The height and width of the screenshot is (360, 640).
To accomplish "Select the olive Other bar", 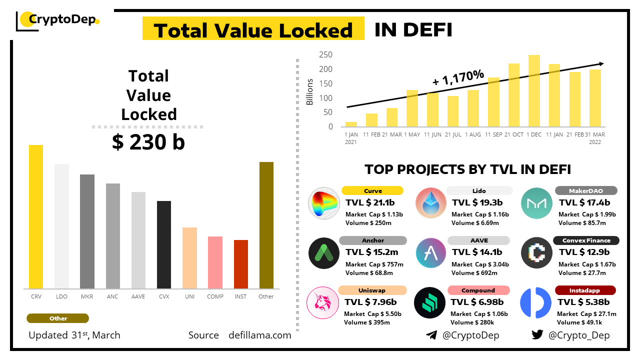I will [x=266, y=225].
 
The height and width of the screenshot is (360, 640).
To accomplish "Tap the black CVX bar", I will [x=164, y=244].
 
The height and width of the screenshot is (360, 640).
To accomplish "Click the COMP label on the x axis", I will [x=215, y=296].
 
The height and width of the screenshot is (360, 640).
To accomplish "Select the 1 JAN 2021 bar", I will [x=351, y=124].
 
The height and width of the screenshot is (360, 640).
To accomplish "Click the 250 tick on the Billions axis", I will [x=326, y=54].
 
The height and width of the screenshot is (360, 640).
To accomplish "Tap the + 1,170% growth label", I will [x=458, y=77].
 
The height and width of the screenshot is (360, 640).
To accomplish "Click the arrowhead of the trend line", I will [x=601, y=63].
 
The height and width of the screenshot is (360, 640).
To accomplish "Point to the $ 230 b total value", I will [x=148, y=142].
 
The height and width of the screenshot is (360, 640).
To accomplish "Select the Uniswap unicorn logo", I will [x=323, y=302].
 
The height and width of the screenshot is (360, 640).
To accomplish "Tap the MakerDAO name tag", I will [x=586, y=190].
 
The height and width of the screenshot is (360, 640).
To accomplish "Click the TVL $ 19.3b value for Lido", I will [x=477, y=202].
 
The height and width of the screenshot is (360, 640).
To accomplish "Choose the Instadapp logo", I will [x=536, y=302].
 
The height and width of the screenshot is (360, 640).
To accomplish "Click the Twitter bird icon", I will [x=537, y=335].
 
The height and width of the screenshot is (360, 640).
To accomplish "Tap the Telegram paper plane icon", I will [x=431, y=335].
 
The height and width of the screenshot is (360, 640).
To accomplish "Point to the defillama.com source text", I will [x=259, y=335].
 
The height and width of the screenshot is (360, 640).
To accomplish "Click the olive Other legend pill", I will [x=58, y=318].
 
